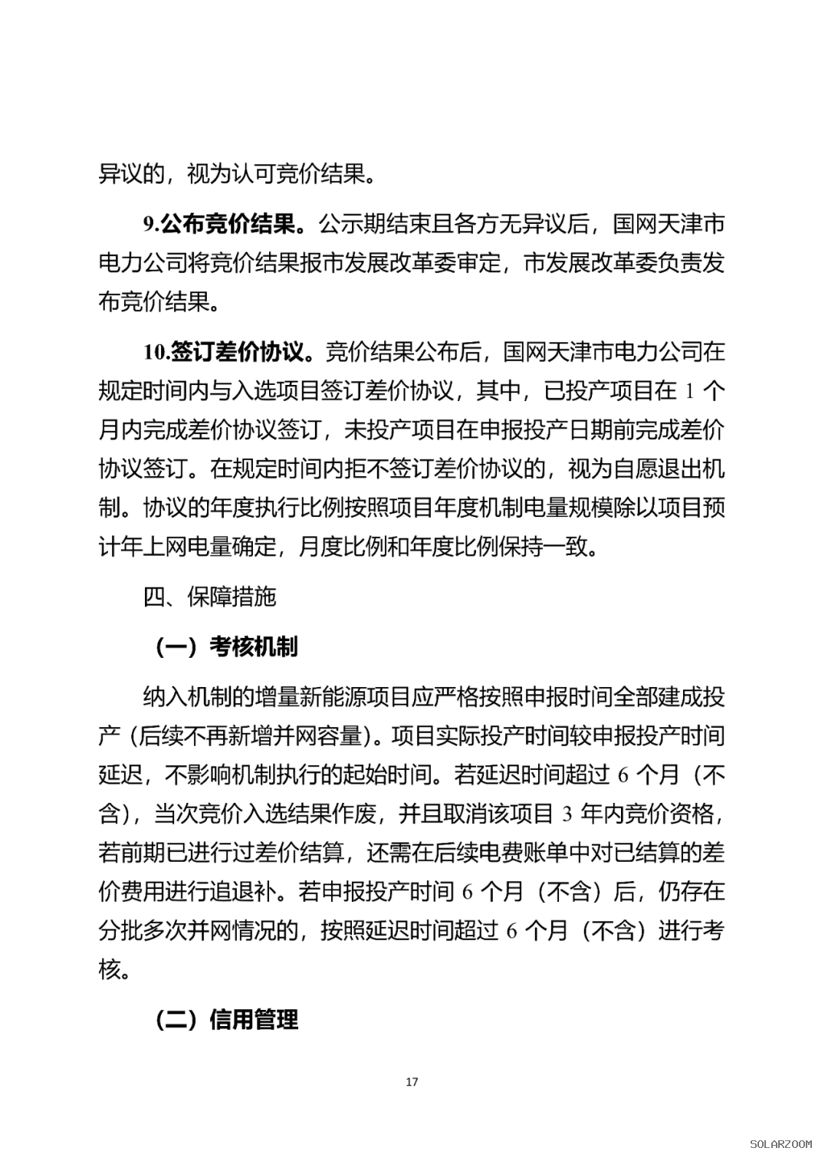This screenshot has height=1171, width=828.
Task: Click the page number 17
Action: pyautogui.click(x=412, y=1082)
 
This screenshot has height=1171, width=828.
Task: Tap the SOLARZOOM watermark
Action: pyautogui.click(x=780, y=1144)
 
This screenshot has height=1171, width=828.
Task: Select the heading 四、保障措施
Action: pyautogui.click(x=209, y=596)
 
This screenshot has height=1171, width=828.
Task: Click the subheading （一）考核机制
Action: pyautogui.click(x=226, y=647)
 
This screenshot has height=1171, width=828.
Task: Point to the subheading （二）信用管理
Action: pyautogui.click(x=226, y=1020)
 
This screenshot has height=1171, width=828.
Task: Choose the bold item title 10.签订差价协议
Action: pyautogui.click(x=228, y=352)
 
